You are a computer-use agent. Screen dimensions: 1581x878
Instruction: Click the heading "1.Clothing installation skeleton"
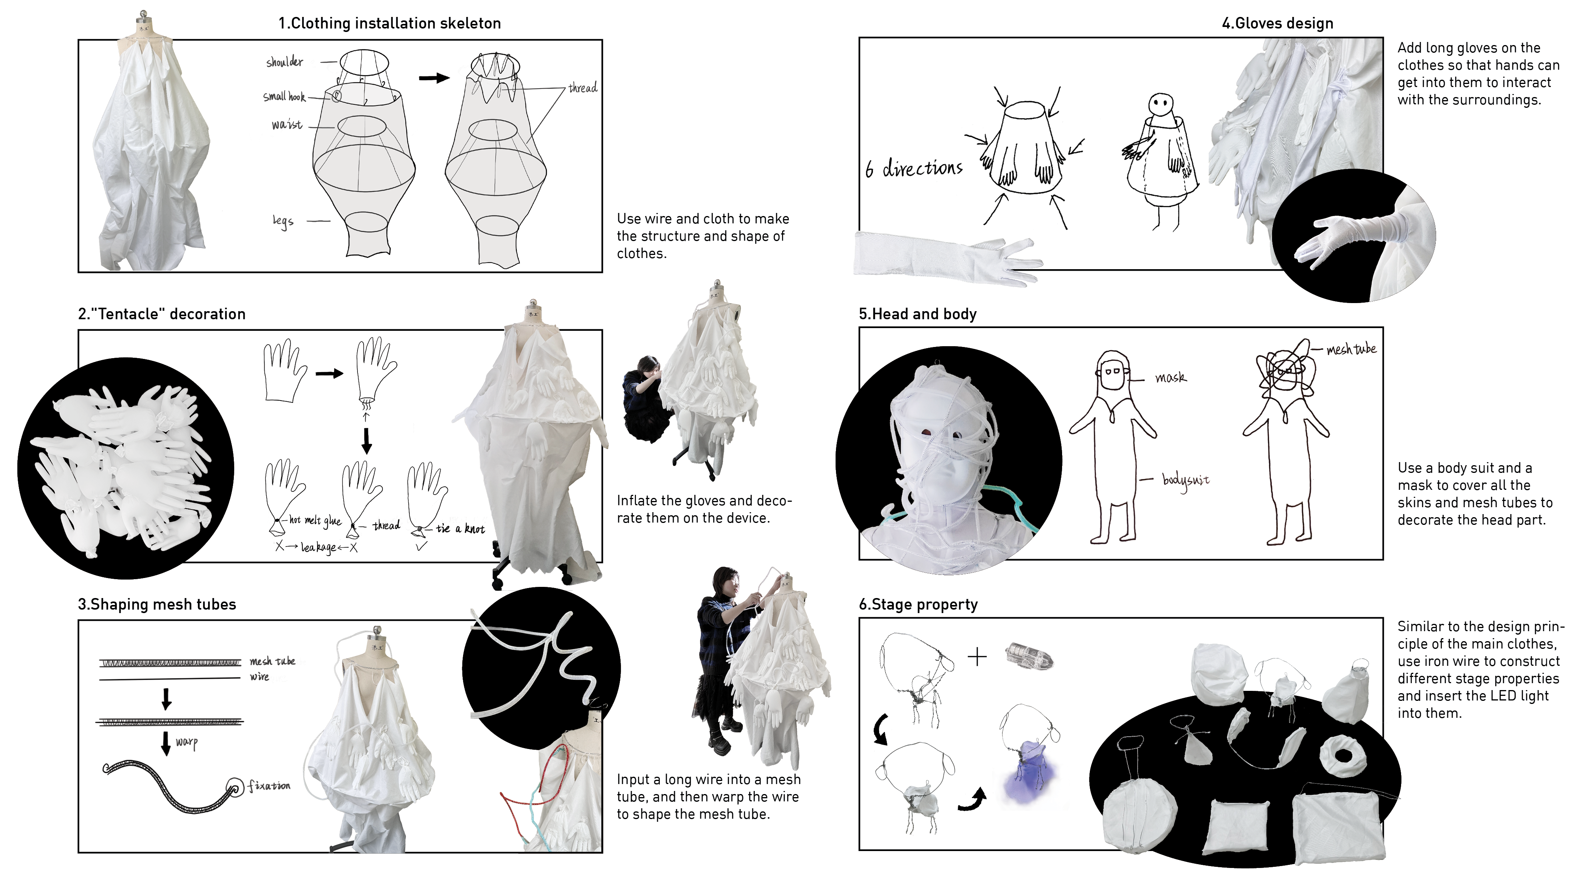pos(390,23)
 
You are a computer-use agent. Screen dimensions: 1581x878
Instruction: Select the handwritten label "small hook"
pos(284,96)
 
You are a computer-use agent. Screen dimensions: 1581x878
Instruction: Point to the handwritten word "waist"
pos(287,124)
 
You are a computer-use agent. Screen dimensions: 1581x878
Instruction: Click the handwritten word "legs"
pos(283,221)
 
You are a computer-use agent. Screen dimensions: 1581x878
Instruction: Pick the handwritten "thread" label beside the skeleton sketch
pos(582,88)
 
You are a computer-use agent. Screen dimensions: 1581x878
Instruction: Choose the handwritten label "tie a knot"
pos(460,529)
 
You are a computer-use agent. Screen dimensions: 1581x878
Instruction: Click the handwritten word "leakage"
pos(319,547)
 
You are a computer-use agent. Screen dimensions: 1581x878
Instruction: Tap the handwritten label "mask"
pos(1170,377)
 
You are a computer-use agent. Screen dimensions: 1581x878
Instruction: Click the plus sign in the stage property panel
pos(977,657)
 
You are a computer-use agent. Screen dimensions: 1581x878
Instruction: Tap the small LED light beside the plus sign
pos(1029,655)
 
